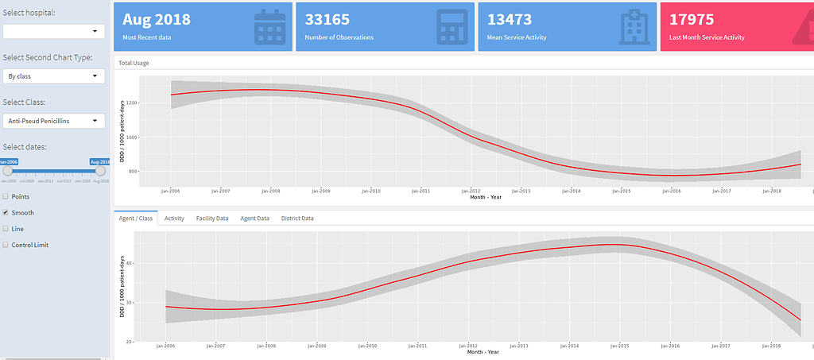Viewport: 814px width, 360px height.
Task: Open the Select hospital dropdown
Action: [x=54, y=31]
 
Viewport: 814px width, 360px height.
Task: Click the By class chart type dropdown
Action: [x=54, y=76]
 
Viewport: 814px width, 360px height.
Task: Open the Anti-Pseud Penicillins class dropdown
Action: [x=54, y=121]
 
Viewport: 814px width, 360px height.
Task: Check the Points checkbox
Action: [x=6, y=196]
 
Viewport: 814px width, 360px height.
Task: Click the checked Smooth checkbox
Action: [x=6, y=213]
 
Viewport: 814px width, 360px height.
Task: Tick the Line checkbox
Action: [x=6, y=229]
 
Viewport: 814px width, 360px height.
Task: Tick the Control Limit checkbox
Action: [x=6, y=245]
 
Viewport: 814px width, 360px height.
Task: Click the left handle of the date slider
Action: [x=8, y=170]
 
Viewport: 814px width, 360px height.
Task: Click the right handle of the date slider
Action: [x=100, y=170]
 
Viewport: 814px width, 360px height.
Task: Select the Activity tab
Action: [x=174, y=218]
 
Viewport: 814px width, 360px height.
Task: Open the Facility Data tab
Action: [x=212, y=218]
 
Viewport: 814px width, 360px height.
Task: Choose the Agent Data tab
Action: [x=254, y=218]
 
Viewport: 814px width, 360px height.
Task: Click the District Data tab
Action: [x=297, y=218]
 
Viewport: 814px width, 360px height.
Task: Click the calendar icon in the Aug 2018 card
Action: [x=269, y=27]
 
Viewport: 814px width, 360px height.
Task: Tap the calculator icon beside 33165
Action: [x=452, y=27]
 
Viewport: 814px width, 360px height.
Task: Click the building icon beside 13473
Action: [x=634, y=27]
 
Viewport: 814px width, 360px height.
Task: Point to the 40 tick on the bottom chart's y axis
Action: [x=131, y=263]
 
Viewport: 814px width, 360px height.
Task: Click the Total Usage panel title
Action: [x=134, y=62]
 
